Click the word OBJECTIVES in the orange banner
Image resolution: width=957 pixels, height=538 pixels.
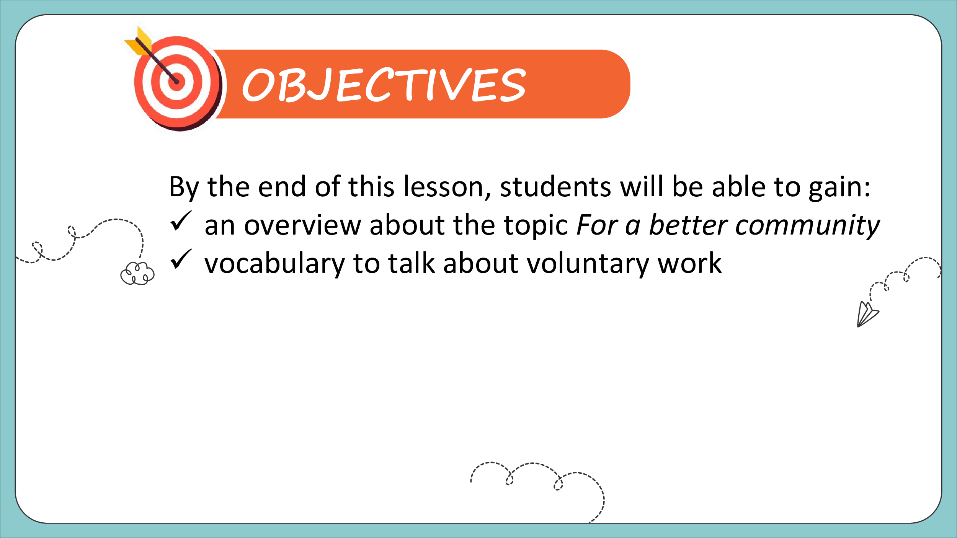point(384,85)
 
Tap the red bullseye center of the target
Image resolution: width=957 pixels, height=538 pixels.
point(176,82)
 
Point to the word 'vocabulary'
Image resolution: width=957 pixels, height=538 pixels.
point(274,264)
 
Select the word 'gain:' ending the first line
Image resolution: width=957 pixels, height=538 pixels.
point(839,187)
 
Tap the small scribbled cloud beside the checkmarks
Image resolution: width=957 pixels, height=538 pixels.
point(137,273)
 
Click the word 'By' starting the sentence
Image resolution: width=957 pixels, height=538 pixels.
point(184,187)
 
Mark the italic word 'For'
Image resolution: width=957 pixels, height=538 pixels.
point(597,225)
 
